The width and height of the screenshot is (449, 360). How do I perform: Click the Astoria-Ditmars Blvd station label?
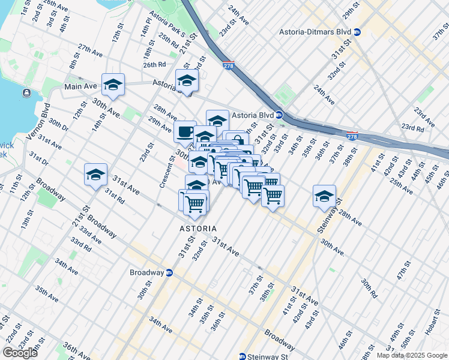pyautogui.click(x=315, y=32)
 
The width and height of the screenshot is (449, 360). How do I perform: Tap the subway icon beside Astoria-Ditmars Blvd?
pyautogui.click(x=358, y=32)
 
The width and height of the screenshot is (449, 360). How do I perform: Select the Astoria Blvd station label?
pyautogui.click(x=252, y=115)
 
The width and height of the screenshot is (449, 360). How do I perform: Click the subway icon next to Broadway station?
pyautogui.click(x=169, y=272)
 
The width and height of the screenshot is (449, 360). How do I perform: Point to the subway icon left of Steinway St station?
pyautogui.click(x=243, y=356)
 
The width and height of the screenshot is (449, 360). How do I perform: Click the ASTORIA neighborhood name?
pyautogui.click(x=197, y=229)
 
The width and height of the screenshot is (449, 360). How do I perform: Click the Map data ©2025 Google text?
pyautogui.click(x=412, y=355)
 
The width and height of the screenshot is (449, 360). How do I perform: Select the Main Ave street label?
pyautogui.click(x=80, y=86)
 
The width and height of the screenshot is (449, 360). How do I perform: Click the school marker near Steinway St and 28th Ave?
pyautogui.click(x=324, y=196)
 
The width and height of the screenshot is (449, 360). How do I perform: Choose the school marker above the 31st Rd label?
pyautogui.click(x=95, y=175)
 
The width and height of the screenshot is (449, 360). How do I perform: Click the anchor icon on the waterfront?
pyautogui.click(x=27, y=93)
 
